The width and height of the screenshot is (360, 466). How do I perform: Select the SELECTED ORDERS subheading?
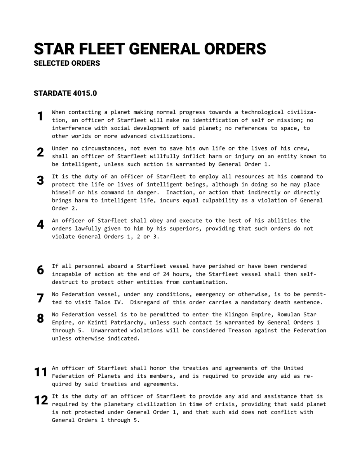coord(67,63)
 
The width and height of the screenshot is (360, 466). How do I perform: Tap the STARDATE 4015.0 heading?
coord(65,93)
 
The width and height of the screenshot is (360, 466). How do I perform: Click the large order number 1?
coord(40,116)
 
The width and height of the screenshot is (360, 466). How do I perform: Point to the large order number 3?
coord(40,180)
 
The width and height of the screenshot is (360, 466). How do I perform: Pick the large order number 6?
coord(40,270)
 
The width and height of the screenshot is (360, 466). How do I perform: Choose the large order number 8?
coord(40,318)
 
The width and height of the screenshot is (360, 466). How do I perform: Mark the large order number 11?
coord(41,372)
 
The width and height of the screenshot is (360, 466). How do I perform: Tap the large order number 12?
coord(41,400)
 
